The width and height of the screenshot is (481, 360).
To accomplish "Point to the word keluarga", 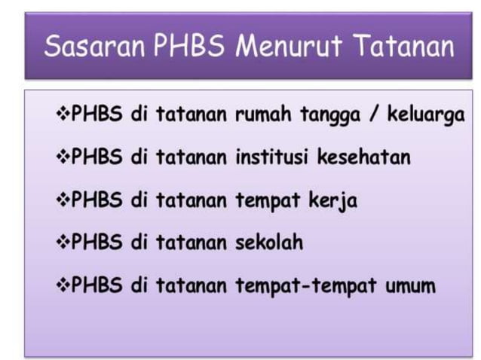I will (x=425, y=117).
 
